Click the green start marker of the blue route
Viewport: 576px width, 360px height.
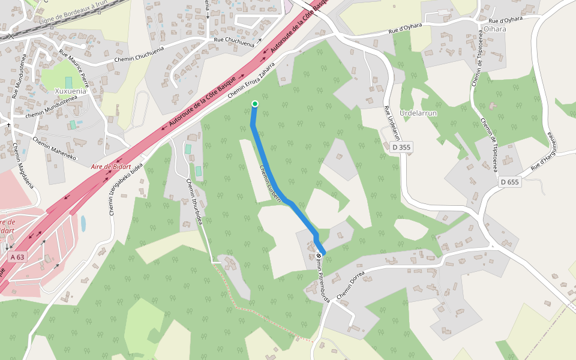tap(255, 104)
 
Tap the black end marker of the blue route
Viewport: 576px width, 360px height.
tap(319, 256)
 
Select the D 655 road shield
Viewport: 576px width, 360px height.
tap(509, 182)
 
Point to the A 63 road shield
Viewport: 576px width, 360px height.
tap(18, 257)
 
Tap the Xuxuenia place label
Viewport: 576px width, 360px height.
tap(71, 92)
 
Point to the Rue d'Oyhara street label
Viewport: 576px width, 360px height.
tap(405, 28)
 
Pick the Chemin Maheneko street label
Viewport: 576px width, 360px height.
tap(55, 149)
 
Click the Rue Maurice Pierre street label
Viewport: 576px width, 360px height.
tap(74, 70)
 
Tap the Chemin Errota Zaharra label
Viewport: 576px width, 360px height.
tap(251, 80)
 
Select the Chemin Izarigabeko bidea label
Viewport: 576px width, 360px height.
tap(126, 189)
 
